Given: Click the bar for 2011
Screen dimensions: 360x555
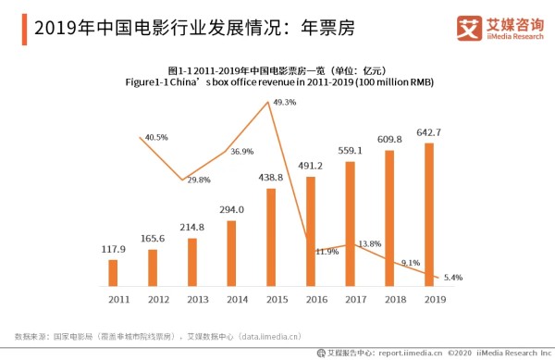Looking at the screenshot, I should coord(113,273).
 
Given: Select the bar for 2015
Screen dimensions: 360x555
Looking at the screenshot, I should coord(271,237).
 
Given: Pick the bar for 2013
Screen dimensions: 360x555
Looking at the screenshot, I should coord(192,262).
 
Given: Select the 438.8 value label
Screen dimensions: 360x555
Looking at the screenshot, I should coord(271,177).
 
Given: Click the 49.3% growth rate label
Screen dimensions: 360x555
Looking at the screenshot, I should coord(286,103).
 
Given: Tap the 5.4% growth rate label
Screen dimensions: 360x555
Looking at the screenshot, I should coord(452,278).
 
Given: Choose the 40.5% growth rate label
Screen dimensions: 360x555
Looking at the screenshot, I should coord(156,137).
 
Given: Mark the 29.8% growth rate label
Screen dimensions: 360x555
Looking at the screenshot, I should coord(199,180).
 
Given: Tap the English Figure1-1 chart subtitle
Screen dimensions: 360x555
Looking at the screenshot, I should coord(278,82).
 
